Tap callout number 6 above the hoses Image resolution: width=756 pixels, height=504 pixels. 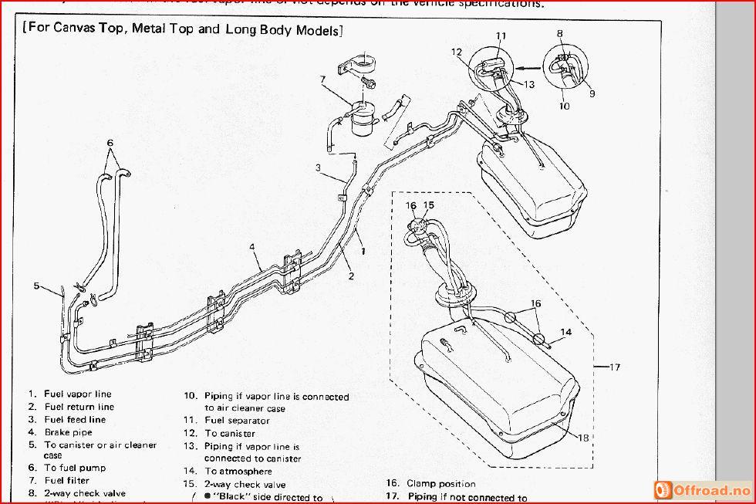[x=110, y=143]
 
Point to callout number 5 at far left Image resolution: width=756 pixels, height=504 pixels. [x=35, y=286]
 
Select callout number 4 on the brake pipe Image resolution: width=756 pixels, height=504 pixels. [x=251, y=247]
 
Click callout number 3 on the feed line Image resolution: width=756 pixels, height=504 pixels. [x=318, y=167]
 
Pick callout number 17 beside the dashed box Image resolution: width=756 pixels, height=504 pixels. [x=614, y=367]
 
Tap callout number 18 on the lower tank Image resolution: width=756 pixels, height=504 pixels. [x=583, y=438]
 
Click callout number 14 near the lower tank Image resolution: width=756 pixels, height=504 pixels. [x=566, y=333]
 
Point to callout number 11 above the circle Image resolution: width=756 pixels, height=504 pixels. [x=501, y=36]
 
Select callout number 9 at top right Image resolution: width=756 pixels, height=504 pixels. [x=592, y=93]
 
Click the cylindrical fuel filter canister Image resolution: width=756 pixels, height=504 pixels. [x=359, y=120]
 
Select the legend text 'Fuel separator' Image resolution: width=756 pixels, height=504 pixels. [x=237, y=421]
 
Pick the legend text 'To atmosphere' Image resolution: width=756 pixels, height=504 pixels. [x=238, y=471]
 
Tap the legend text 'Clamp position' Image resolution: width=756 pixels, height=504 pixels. [x=441, y=484]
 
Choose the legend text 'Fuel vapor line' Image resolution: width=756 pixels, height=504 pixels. [x=78, y=394]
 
